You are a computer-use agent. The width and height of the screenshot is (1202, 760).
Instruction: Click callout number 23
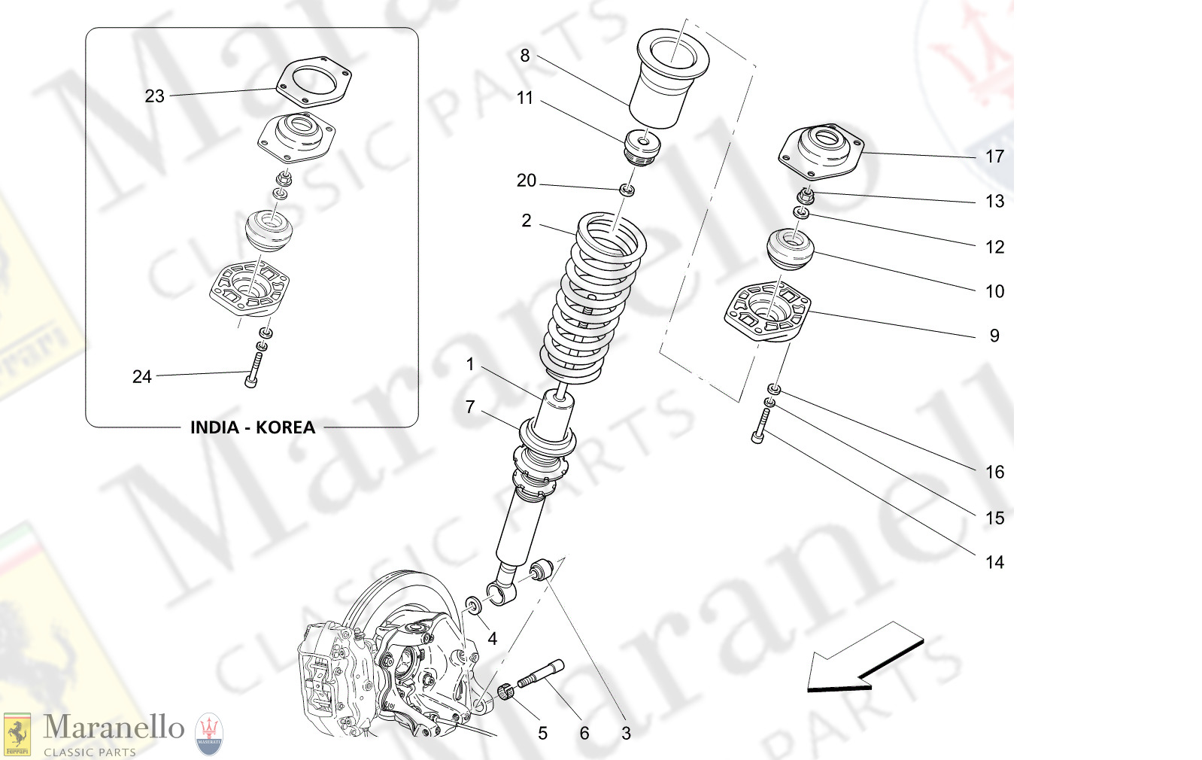point(154,96)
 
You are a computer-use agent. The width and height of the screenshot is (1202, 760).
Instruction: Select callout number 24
point(141,377)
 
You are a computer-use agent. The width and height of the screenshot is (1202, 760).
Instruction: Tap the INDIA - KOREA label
point(252,427)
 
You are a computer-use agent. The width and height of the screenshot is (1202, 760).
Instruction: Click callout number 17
point(994,157)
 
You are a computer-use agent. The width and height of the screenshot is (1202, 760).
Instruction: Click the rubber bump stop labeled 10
point(791,251)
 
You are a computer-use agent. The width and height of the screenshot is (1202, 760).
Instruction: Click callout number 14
point(994,563)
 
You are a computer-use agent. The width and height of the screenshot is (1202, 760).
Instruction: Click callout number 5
point(542,733)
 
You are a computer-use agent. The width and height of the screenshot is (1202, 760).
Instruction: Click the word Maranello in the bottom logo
point(114,728)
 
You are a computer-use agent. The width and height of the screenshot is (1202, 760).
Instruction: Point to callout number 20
point(526,181)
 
